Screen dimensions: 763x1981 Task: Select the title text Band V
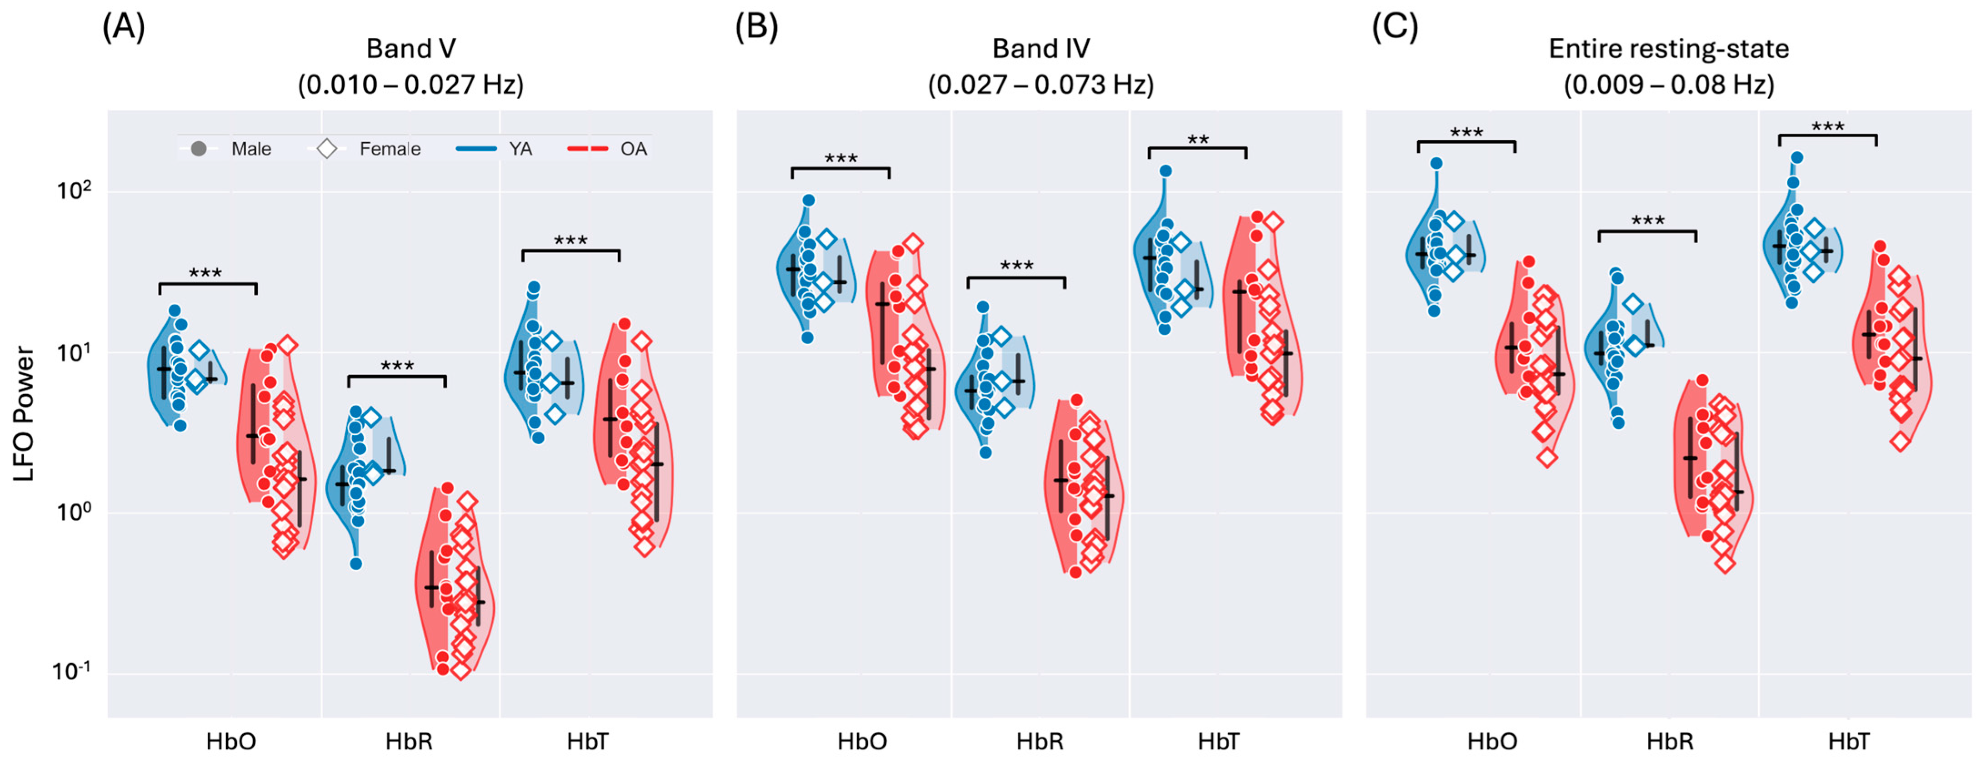(x=410, y=49)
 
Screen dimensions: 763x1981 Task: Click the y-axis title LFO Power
(x=25, y=414)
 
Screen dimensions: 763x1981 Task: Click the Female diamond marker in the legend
(x=327, y=148)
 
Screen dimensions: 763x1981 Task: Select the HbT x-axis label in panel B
(x=1219, y=742)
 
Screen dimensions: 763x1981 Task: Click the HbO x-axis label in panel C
(x=1492, y=742)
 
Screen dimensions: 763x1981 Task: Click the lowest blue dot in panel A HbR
(x=356, y=563)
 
